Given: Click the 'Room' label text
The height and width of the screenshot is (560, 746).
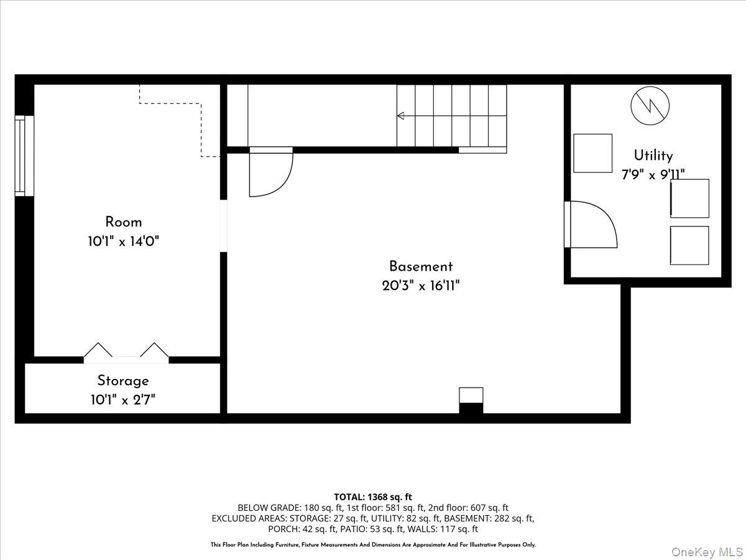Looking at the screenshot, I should pos(123,222).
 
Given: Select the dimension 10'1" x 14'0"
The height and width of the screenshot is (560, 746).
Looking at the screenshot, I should pos(123,242).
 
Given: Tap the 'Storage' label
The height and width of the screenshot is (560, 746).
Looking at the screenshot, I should pos(123,380).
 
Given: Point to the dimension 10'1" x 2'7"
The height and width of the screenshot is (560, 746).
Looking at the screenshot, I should pos(123,399).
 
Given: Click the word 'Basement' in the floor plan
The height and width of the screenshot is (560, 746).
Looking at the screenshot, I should pos(421,266).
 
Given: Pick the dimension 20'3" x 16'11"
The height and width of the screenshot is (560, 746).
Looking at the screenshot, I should pos(421,286).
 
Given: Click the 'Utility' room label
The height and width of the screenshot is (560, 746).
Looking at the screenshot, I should pos(653,156).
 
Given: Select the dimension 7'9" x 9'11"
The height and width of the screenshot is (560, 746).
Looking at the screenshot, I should pos(653,175).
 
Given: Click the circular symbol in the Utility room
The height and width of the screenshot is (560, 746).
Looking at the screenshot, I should pos(650,105).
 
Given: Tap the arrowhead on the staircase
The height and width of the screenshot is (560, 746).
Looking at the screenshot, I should pos(401,116).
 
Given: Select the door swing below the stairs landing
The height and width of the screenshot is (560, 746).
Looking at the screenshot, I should pos(271,174).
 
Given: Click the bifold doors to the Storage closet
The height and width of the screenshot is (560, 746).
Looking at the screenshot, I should pos(126,351).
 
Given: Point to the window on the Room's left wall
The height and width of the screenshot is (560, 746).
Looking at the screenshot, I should pos(21,156).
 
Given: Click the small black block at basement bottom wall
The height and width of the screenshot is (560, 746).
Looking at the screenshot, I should pos(471,408).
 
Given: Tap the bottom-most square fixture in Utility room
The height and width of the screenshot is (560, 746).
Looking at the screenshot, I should pos(689,245).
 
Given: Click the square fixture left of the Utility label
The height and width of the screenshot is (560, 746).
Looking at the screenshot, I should pos(592,153).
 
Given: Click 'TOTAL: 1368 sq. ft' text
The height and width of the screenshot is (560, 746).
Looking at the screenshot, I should pos(373,497).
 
